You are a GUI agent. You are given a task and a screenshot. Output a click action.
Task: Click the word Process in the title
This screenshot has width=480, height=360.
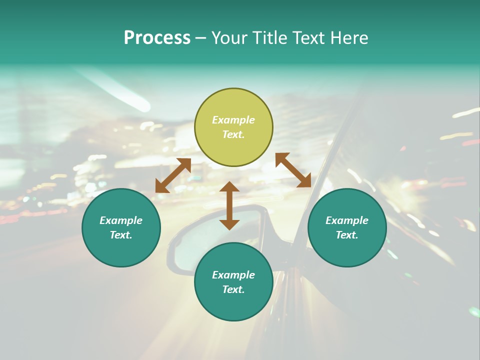click(x=157, y=38)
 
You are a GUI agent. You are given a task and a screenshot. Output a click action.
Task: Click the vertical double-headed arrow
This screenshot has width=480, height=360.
click(x=229, y=205)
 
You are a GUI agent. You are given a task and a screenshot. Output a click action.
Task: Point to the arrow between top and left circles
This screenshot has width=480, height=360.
click(x=173, y=175)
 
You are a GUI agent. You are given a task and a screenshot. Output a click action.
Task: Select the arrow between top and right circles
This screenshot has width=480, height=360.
click(x=293, y=170)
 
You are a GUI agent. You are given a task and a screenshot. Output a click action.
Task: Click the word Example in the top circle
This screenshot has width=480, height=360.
click(x=233, y=120)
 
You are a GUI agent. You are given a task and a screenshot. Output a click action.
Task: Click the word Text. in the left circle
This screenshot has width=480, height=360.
click(x=121, y=235)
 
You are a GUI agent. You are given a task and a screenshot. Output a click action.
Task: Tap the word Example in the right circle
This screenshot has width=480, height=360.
click(x=347, y=220)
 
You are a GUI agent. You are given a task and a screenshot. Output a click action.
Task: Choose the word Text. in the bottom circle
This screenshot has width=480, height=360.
click(x=233, y=289)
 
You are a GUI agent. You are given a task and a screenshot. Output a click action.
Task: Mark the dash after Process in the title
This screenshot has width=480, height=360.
click(x=200, y=38)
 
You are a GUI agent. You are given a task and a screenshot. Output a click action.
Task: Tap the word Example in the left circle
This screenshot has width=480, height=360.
click(x=121, y=220)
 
